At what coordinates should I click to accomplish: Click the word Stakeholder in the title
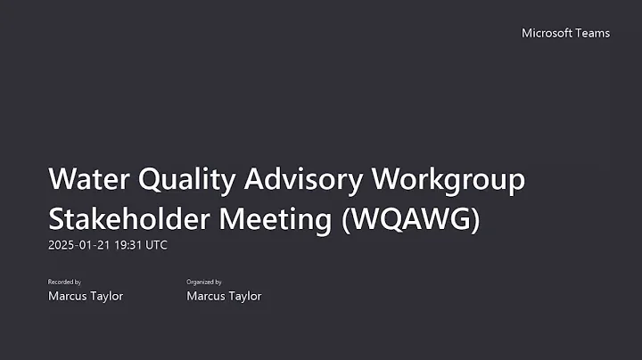125,218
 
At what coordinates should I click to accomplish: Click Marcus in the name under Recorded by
68,296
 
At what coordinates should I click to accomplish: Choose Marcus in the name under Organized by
206,296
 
